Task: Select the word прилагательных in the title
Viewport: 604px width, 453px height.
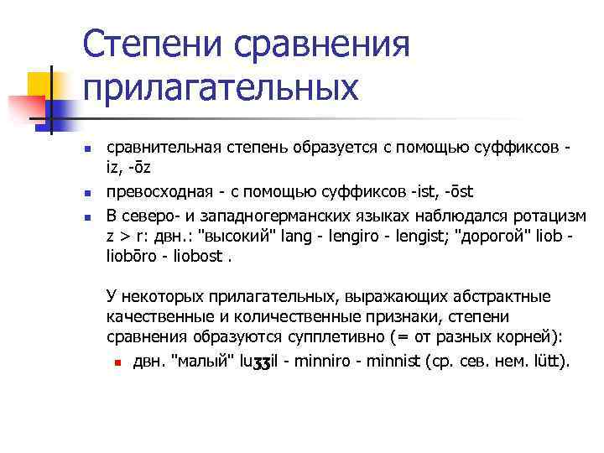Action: tap(221, 87)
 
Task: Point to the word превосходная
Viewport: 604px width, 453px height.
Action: tap(154, 192)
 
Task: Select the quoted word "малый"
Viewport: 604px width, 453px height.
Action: tap(198, 362)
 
